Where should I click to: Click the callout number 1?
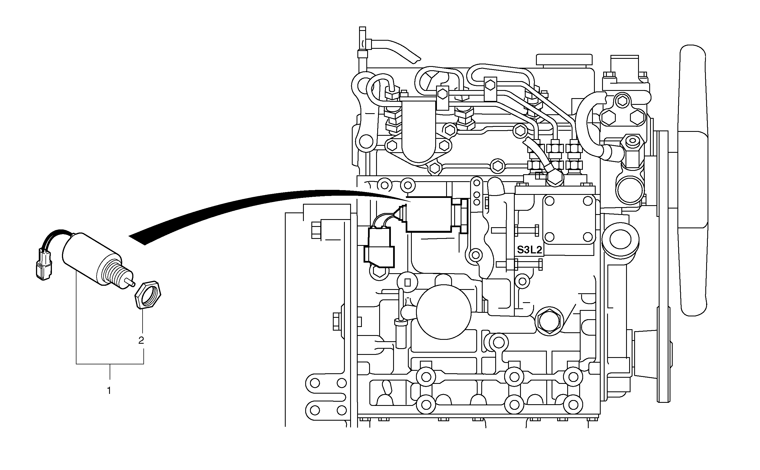coord(109,391)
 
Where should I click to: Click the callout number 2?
coord(141,340)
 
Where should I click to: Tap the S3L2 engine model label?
coord(529,249)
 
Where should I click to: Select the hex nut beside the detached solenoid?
coord(148,295)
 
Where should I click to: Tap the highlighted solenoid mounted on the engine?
coord(429,214)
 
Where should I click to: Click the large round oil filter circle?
coord(444,312)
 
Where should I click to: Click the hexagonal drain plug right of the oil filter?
coord(549,321)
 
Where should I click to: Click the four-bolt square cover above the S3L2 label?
coord(569,219)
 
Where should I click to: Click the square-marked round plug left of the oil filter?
coord(408,282)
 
